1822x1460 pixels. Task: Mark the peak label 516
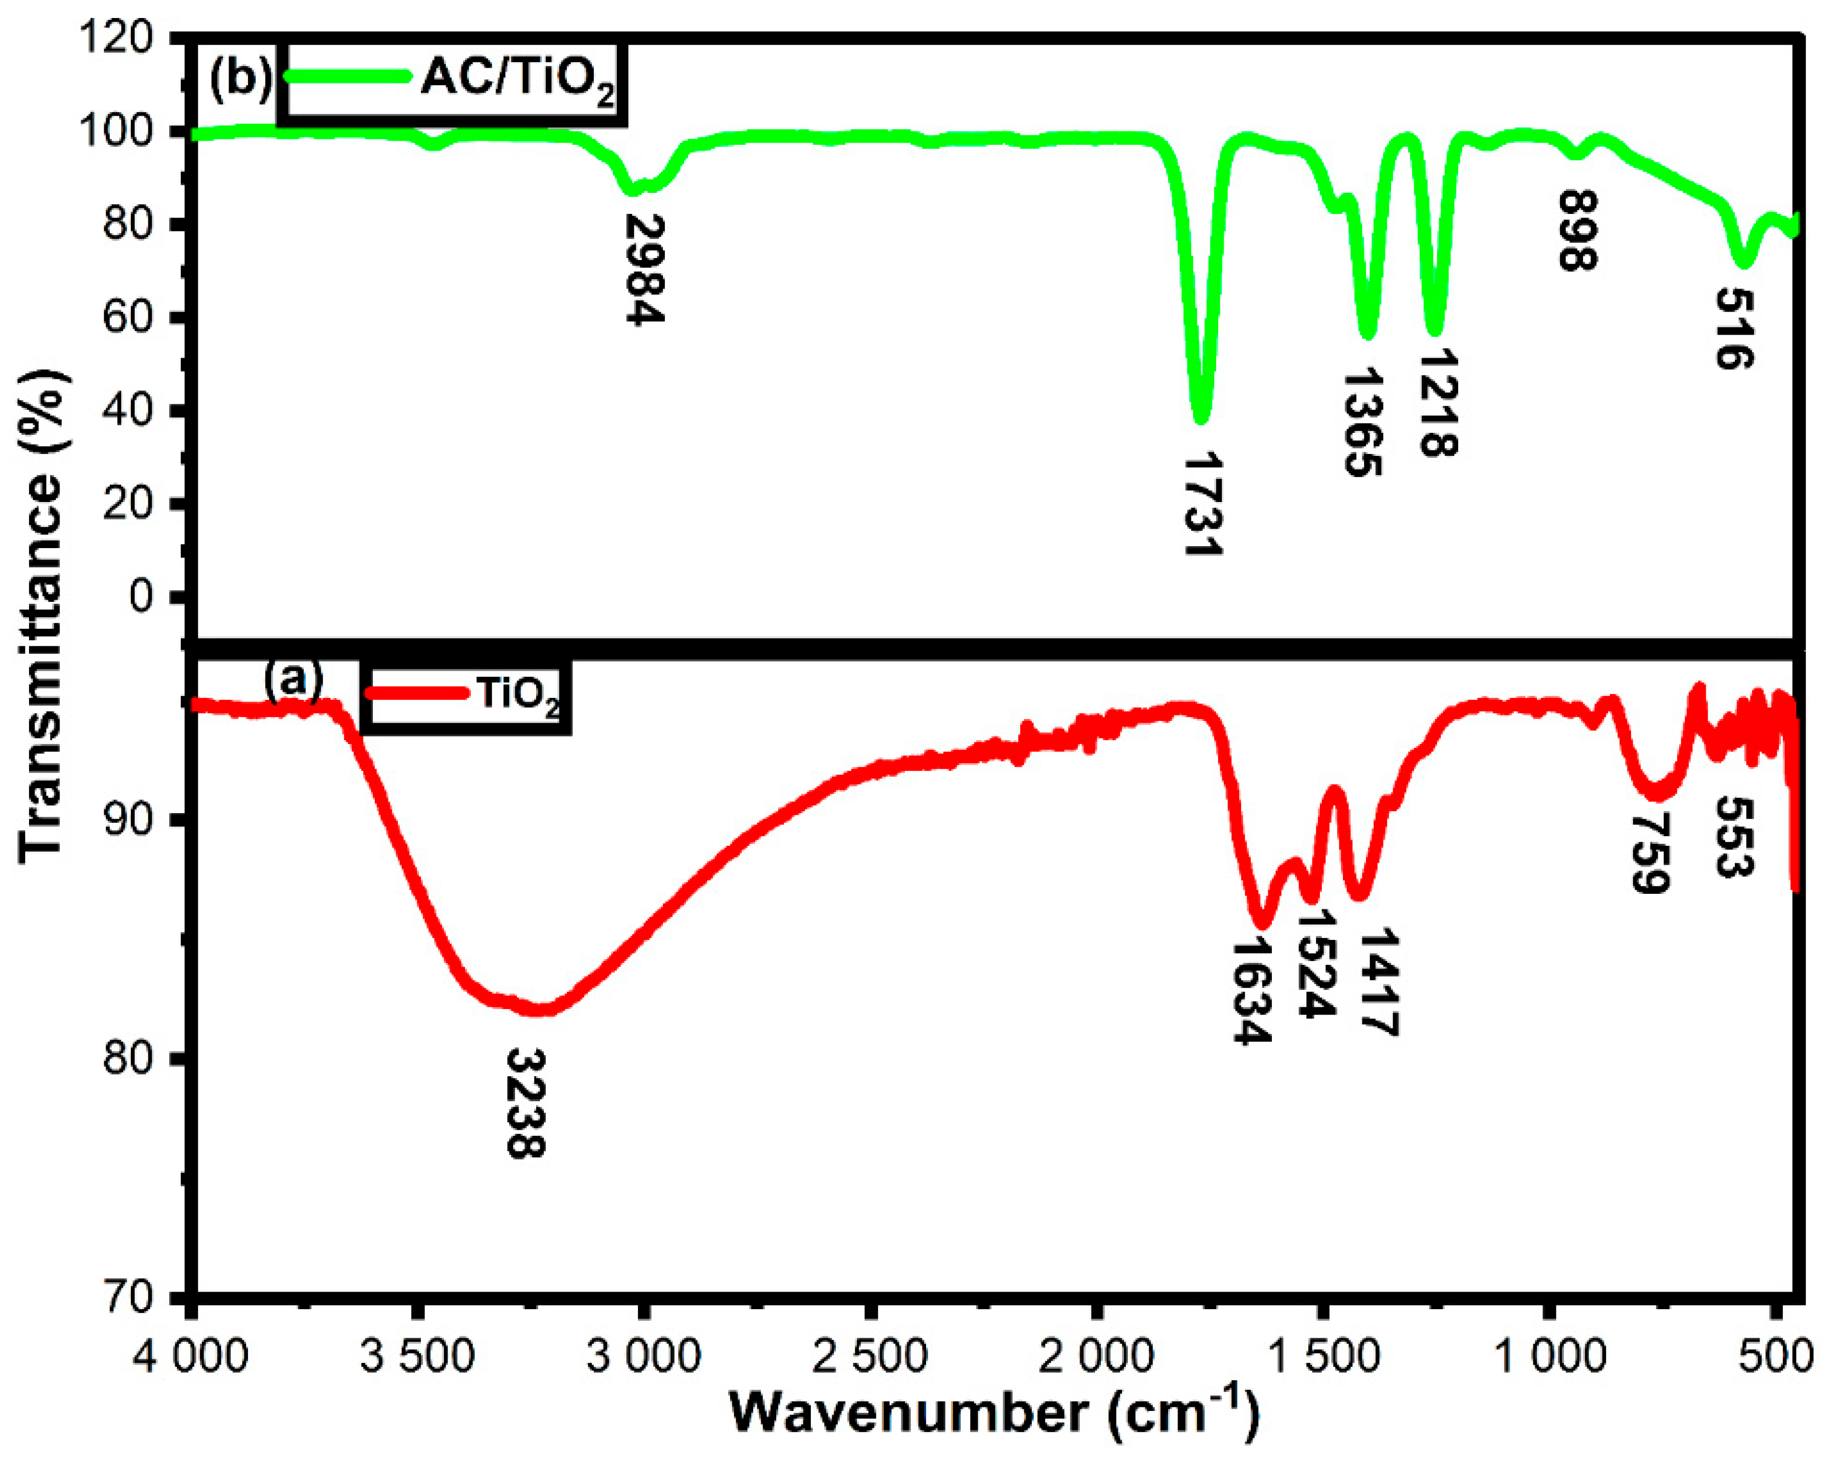click(x=1734, y=328)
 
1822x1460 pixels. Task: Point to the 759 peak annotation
click(x=1650, y=853)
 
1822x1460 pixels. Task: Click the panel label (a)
click(x=293, y=678)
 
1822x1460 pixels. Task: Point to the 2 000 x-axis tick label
click(x=1096, y=1357)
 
